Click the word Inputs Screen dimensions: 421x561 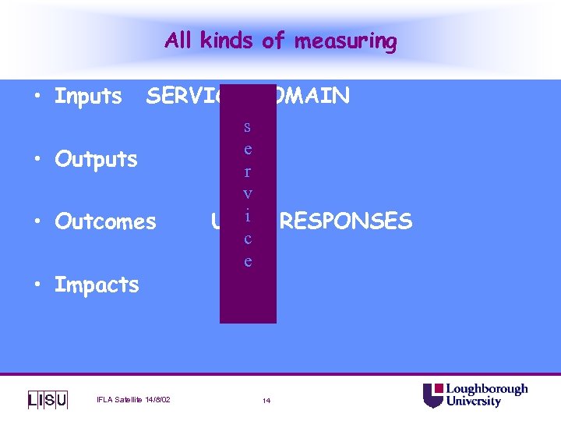pyautogui.click(x=88, y=97)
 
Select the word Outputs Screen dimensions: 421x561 pyautogui.click(x=96, y=159)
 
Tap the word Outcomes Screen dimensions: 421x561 pyautogui.click(x=105, y=221)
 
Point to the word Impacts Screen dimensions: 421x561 pyautogui.click(x=97, y=285)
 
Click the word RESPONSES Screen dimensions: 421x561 pyautogui.click(x=345, y=221)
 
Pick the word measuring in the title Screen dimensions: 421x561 pyautogui.click(x=345, y=41)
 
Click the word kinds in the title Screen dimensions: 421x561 pyautogui.click(x=226, y=41)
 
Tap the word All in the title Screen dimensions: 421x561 pyautogui.click(x=178, y=41)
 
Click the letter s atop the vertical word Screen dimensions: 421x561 pyautogui.click(x=248, y=126)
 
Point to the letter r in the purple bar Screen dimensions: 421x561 pyautogui.click(x=248, y=171)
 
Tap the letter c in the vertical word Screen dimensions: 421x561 pyautogui.click(x=248, y=239)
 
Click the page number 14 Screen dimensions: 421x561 pyautogui.click(x=266, y=401)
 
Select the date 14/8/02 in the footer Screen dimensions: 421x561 pyautogui.click(x=155, y=401)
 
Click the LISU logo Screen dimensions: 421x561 pyautogui.click(x=48, y=400)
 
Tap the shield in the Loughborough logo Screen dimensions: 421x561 pyautogui.click(x=432, y=395)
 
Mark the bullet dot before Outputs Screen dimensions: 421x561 pyautogui.click(x=37, y=159)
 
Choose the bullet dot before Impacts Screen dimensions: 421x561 pyautogui.click(x=37, y=285)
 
